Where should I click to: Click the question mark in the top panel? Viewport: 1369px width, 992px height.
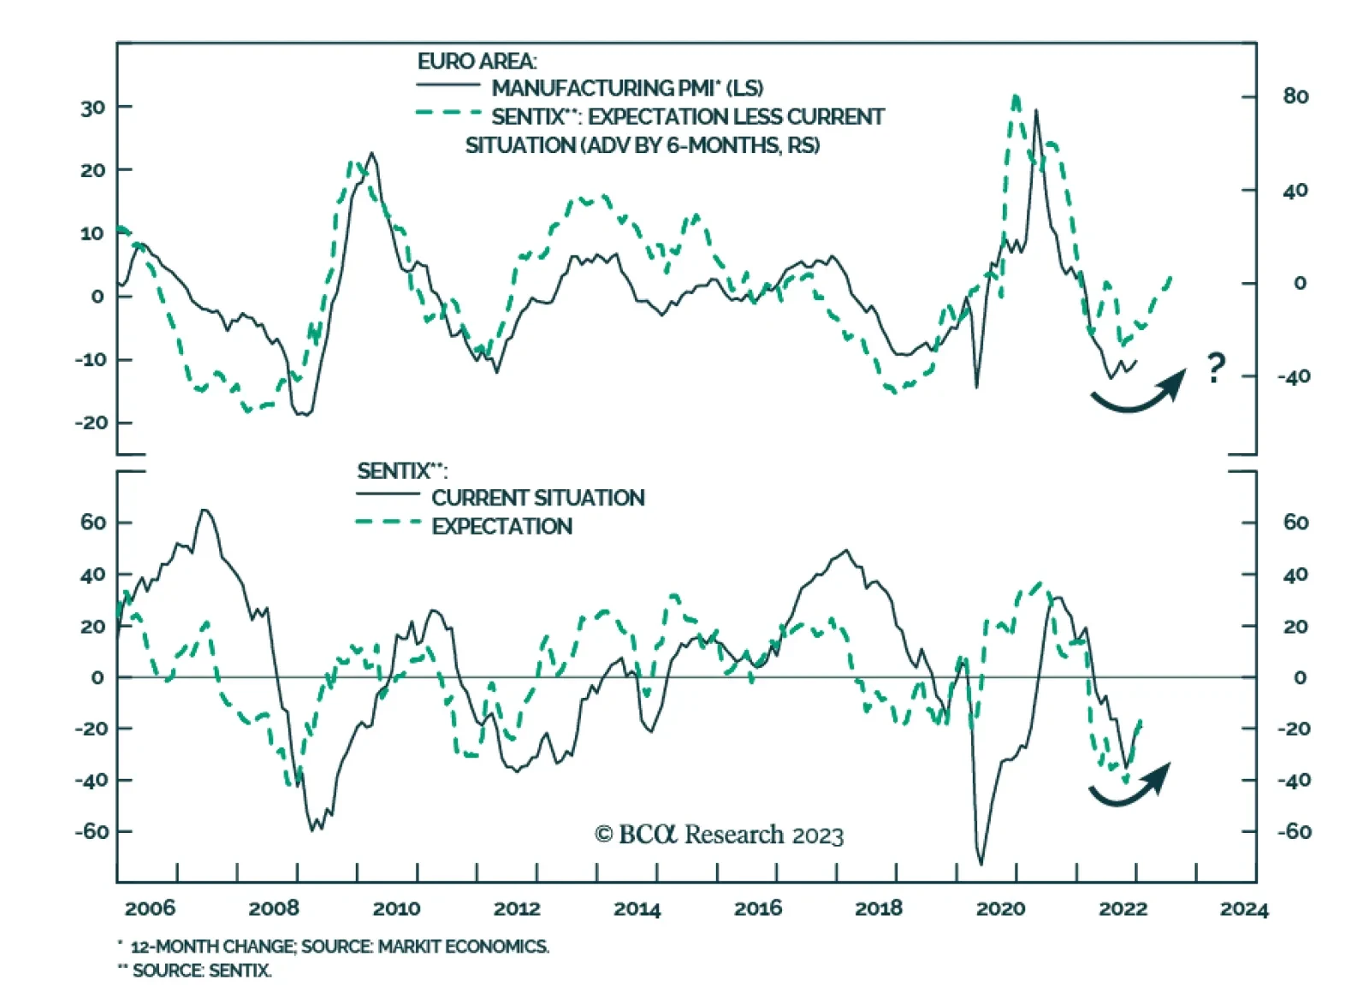click(1216, 368)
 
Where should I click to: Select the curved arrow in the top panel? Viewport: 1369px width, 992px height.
click(1138, 394)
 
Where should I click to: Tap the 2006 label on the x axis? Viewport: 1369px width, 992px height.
click(150, 908)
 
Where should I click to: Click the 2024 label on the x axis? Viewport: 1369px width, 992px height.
click(1243, 908)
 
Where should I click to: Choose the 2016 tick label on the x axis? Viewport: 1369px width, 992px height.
click(757, 908)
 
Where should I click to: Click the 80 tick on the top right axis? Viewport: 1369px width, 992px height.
click(1295, 97)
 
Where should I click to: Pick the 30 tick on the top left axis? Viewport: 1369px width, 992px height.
click(92, 108)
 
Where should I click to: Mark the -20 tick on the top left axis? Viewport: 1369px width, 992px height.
click(91, 422)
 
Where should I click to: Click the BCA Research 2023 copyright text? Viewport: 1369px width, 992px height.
click(719, 835)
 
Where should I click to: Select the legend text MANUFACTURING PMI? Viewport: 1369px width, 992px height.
click(627, 88)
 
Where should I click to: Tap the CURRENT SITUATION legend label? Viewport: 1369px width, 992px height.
click(537, 498)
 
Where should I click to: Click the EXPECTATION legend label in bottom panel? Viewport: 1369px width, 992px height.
click(501, 526)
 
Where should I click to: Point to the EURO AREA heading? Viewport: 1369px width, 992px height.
click(477, 62)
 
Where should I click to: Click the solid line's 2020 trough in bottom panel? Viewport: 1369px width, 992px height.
click(981, 862)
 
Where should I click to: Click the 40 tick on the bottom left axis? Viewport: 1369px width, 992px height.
click(92, 575)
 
